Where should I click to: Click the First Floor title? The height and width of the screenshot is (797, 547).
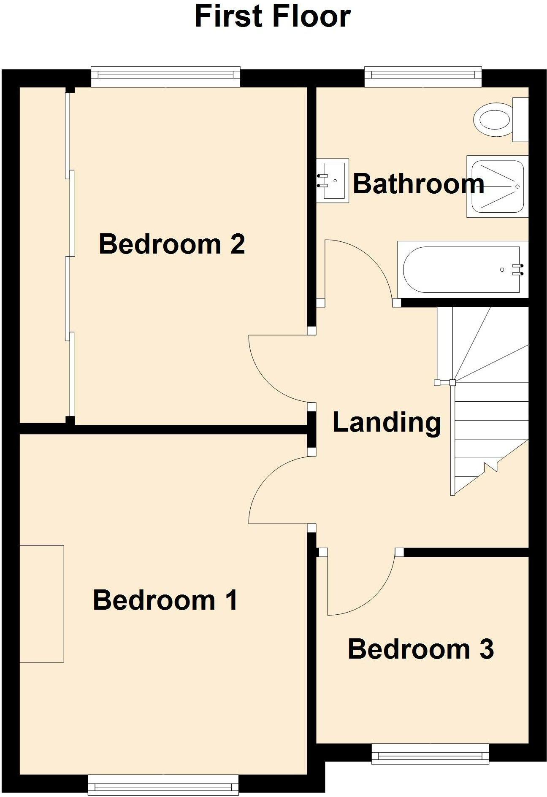click(272, 17)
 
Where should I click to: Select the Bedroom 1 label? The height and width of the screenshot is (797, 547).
click(165, 600)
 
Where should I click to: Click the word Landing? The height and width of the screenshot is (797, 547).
click(386, 422)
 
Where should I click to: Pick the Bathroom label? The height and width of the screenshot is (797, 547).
click(418, 184)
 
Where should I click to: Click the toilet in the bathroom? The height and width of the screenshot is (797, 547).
click(494, 119)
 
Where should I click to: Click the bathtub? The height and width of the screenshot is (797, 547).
click(460, 270)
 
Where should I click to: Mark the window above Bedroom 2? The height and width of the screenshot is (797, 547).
click(165, 76)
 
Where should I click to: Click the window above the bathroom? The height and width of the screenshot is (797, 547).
click(422, 76)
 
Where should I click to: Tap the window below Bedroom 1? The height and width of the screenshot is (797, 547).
click(163, 786)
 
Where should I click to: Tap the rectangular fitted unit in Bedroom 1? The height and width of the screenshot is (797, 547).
click(41, 603)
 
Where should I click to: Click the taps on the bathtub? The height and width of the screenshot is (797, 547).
click(518, 270)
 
